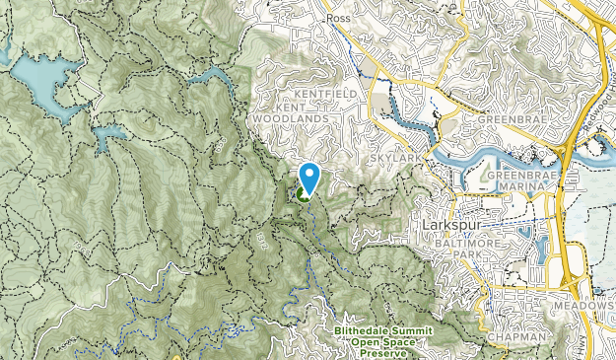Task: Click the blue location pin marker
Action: [309, 178]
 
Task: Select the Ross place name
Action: [339, 18]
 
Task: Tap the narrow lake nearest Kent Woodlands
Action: [208, 77]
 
